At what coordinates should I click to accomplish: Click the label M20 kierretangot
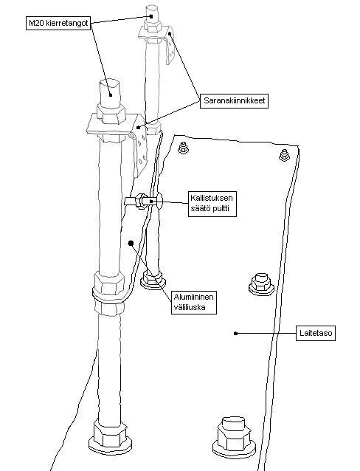(x=58, y=23)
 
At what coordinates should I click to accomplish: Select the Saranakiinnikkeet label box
(x=234, y=100)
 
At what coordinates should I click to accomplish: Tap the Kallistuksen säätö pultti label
(x=212, y=203)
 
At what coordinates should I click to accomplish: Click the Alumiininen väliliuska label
(x=194, y=302)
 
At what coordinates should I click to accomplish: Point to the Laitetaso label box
(x=316, y=333)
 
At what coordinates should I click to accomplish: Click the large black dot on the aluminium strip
(x=131, y=243)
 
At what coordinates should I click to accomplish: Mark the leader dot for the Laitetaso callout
(x=235, y=334)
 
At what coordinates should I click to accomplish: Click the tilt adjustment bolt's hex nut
(x=139, y=201)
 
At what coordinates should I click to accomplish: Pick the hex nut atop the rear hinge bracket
(x=153, y=24)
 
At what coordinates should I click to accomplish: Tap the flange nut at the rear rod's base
(x=153, y=280)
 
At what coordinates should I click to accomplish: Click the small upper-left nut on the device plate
(x=182, y=148)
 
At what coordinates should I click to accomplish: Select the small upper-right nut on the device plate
(x=284, y=155)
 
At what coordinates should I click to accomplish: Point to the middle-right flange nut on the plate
(x=261, y=284)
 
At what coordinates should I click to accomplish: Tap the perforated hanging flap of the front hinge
(x=140, y=155)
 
